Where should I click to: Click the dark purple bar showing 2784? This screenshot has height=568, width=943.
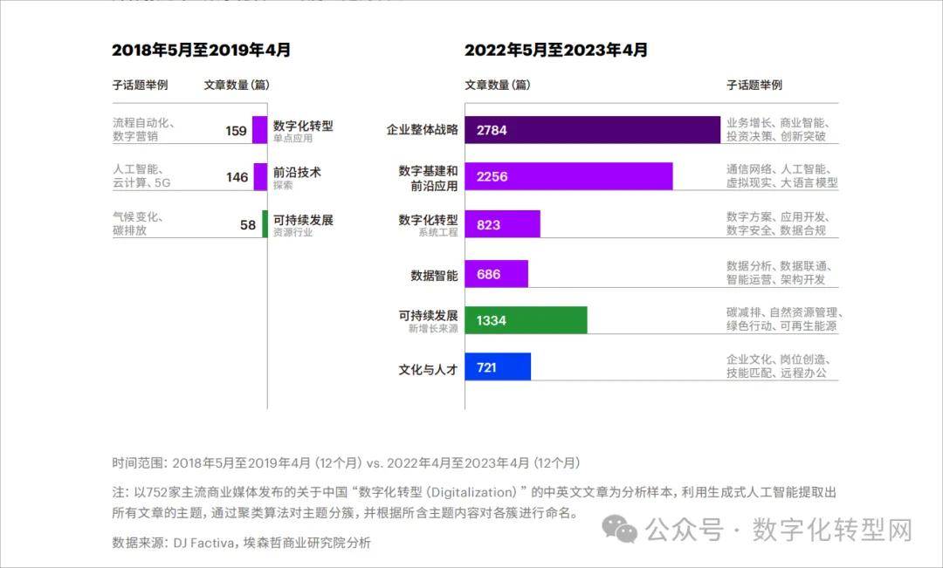pyautogui.click(x=592, y=130)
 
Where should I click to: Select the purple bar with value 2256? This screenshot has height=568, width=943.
pyautogui.click(x=568, y=176)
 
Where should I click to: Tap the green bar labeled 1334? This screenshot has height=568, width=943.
pyautogui.click(x=526, y=320)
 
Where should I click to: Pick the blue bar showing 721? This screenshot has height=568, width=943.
pyautogui.click(x=498, y=367)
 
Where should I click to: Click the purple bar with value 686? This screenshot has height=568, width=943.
pyautogui.click(x=496, y=274)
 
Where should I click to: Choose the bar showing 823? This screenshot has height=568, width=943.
pyautogui.click(x=502, y=224)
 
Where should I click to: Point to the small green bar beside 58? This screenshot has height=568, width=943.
pyautogui.click(x=265, y=224)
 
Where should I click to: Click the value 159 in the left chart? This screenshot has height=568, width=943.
pyautogui.click(x=236, y=131)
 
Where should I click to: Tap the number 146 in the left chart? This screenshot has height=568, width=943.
pyautogui.click(x=237, y=177)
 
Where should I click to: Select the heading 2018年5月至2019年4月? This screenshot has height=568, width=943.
pyautogui.click(x=201, y=51)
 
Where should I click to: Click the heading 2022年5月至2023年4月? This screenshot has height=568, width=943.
pyautogui.click(x=555, y=51)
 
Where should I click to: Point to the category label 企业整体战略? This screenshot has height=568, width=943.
pyautogui.click(x=423, y=130)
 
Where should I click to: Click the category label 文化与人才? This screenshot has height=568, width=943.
pyautogui.click(x=428, y=368)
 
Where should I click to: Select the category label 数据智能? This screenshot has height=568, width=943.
pyautogui.click(x=434, y=274)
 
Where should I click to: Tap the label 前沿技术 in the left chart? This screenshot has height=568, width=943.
pyautogui.click(x=297, y=172)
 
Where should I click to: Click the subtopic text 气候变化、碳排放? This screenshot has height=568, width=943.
pyautogui.click(x=138, y=223)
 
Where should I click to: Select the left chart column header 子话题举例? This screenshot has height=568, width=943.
pyautogui.click(x=140, y=86)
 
